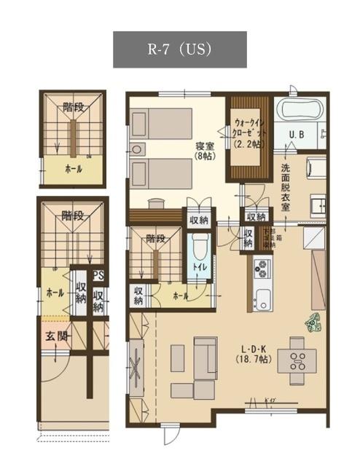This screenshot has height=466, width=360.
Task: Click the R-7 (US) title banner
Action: [179, 50]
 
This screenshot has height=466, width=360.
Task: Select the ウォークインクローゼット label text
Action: [251, 133]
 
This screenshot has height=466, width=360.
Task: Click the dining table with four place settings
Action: [297, 358]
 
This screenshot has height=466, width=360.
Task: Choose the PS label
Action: [98, 276]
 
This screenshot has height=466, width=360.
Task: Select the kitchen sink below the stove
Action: [262, 298]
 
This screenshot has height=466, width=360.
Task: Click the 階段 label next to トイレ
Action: [155, 238]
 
